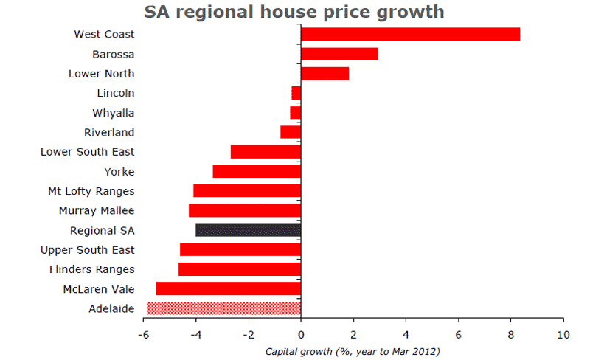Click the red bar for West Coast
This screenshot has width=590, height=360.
[x=410, y=34]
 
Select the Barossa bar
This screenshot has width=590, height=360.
[x=339, y=54]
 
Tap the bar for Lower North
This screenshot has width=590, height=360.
[x=324, y=74]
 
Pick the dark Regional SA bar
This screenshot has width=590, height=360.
[x=249, y=230]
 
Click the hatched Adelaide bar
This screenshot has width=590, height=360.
[x=224, y=308]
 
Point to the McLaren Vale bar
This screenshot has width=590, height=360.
[x=229, y=288]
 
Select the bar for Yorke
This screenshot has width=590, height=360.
[x=257, y=171]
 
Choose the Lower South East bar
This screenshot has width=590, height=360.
[x=265, y=152]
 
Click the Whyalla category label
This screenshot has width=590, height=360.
[x=114, y=113]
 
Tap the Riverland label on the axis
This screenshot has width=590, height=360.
[x=110, y=133]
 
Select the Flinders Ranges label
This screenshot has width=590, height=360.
[x=92, y=269]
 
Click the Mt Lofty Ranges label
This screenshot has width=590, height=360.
[x=91, y=191]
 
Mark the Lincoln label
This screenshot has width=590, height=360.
[x=116, y=93]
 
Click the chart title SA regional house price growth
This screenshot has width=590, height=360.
[x=294, y=12]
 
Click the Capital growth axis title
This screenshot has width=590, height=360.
[x=353, y=351]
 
